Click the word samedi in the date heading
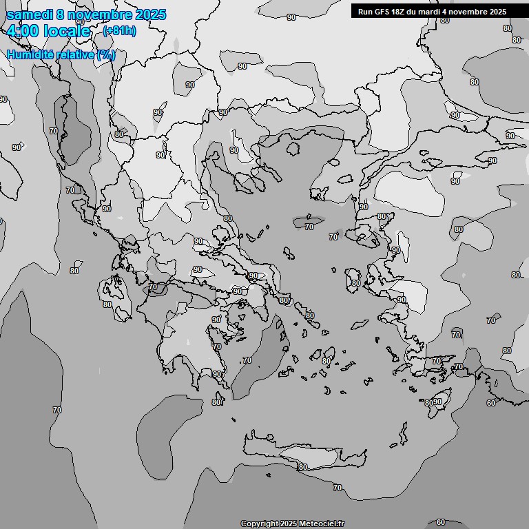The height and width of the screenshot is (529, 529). (x=28, y=15)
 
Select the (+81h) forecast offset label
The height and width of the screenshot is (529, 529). (x=119, y=31)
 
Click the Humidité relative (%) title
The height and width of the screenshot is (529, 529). (x=61, y=55)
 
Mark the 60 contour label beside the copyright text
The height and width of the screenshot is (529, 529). (x=441, y=523)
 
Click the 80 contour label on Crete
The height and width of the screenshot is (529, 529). (x=302, y=467)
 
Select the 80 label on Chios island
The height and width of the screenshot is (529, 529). (x=355, y=283)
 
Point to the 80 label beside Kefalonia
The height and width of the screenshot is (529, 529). (x=107, y=304)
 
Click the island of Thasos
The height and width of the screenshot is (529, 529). (x=293, y=149)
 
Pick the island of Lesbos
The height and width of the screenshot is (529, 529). (x=372, y=238)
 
